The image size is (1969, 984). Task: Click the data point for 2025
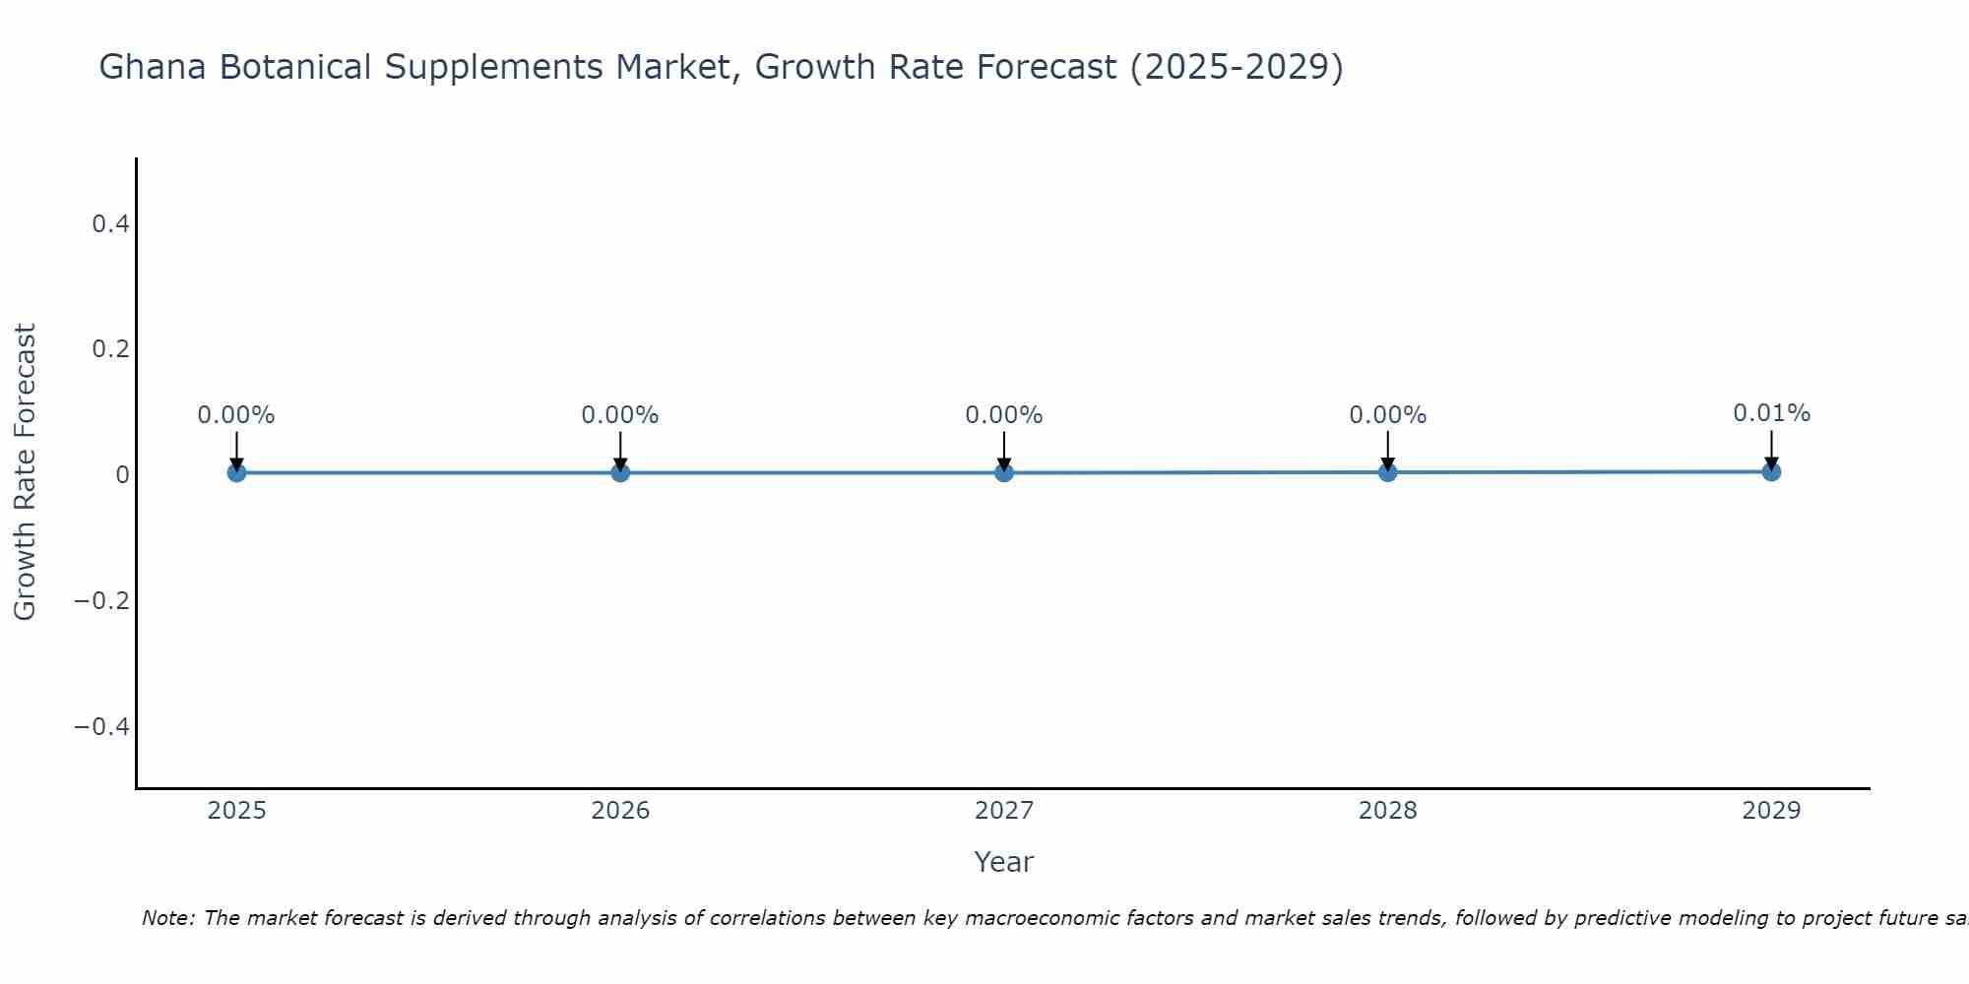tap(236, 472)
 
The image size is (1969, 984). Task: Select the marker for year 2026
tap(620, 472)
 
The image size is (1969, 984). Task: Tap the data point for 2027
tap(1004, 472)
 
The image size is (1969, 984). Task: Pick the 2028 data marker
tap(1387, 472)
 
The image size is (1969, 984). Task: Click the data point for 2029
tap(1771, 471)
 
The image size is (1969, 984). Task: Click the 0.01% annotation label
tap(1771, 413)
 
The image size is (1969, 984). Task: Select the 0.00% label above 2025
tap(236, 415)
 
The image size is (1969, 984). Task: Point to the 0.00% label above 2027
tap(1004, 415)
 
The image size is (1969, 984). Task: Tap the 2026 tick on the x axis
tap(620, 811)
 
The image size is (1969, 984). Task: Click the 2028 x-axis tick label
tap(1387, 811)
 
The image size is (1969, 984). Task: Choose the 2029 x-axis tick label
tap(1771, 811)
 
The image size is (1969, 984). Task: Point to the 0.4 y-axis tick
tap(110, 224)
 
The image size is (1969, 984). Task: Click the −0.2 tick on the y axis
tap(102, 600)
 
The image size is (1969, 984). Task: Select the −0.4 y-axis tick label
tap(102, 726)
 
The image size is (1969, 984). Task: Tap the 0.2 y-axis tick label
tap(110, 349)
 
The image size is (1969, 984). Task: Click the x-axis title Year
tap(1003, 862)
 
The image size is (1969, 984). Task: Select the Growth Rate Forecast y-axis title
tap(25, 472)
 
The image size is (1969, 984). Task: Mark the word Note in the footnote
tap(167, 918)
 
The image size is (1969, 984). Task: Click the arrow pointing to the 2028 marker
tap(1387, 451)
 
